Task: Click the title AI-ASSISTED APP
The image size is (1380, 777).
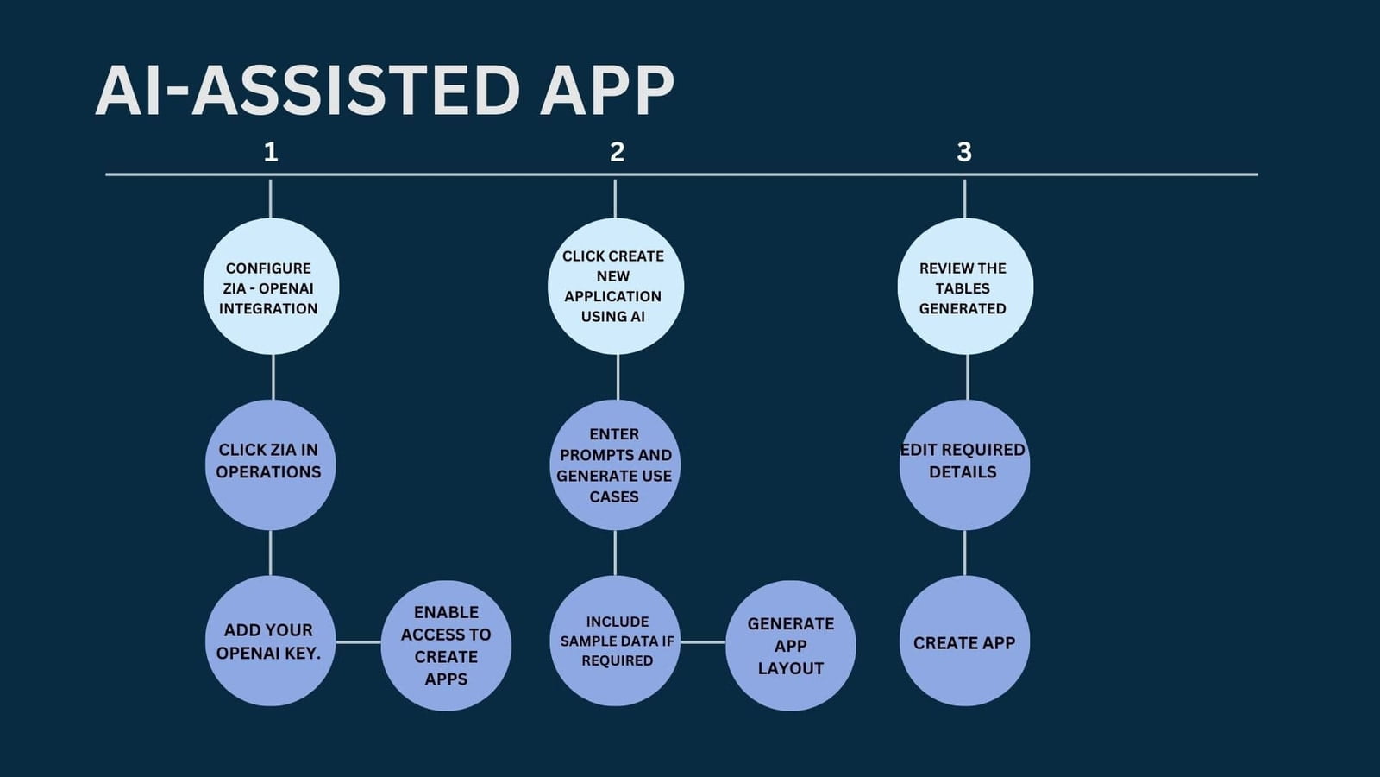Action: [x=385, y=91]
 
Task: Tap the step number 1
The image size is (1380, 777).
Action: [x=271, y=152]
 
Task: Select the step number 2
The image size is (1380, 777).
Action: [x=617, y=152]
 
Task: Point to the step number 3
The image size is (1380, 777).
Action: [x=964, y=152]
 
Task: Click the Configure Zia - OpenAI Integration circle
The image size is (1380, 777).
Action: [x=271, y=286]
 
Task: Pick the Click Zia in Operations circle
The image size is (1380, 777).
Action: [x=271, y=465]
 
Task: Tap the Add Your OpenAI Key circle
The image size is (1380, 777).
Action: [x=271, y=641]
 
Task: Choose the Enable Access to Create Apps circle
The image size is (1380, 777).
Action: [x=446, y=646]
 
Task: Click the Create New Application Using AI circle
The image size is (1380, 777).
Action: [x=616, y=286]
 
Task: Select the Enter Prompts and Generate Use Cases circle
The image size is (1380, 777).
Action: [x=615, y=465]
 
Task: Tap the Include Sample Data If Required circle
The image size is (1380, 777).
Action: [x=615, y=641]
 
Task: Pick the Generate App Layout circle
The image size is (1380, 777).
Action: [x=790, y=646]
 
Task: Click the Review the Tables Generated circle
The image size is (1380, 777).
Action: [x=965, y=286]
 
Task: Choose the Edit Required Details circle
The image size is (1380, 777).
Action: [x=965, y=465]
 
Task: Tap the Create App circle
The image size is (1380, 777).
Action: [x=965, y=641]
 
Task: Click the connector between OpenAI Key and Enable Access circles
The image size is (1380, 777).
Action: [x=359, y=642]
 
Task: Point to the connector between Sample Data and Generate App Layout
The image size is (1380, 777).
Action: [x=703, y=642]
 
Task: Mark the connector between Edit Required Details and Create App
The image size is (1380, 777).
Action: [x=965, y=553]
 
